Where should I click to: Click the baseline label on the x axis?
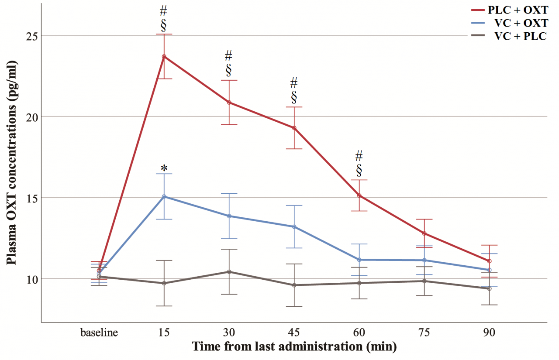(x=99, y=333)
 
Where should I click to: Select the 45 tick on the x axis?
(x=294, y=333)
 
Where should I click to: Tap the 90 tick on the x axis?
(x=489, y=333)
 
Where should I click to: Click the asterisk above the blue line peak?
(x=164, y=168)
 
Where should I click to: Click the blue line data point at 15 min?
(x=164, y=196)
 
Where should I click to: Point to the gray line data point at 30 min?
(x=229, y=272)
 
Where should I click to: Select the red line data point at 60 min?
(x=359, y=195)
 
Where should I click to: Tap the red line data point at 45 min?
(x=294, y=128)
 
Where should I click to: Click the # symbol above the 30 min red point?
(x=228, y=55)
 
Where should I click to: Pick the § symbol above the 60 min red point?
(x=359, y=169)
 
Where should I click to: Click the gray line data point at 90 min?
(x=489, y=288)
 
